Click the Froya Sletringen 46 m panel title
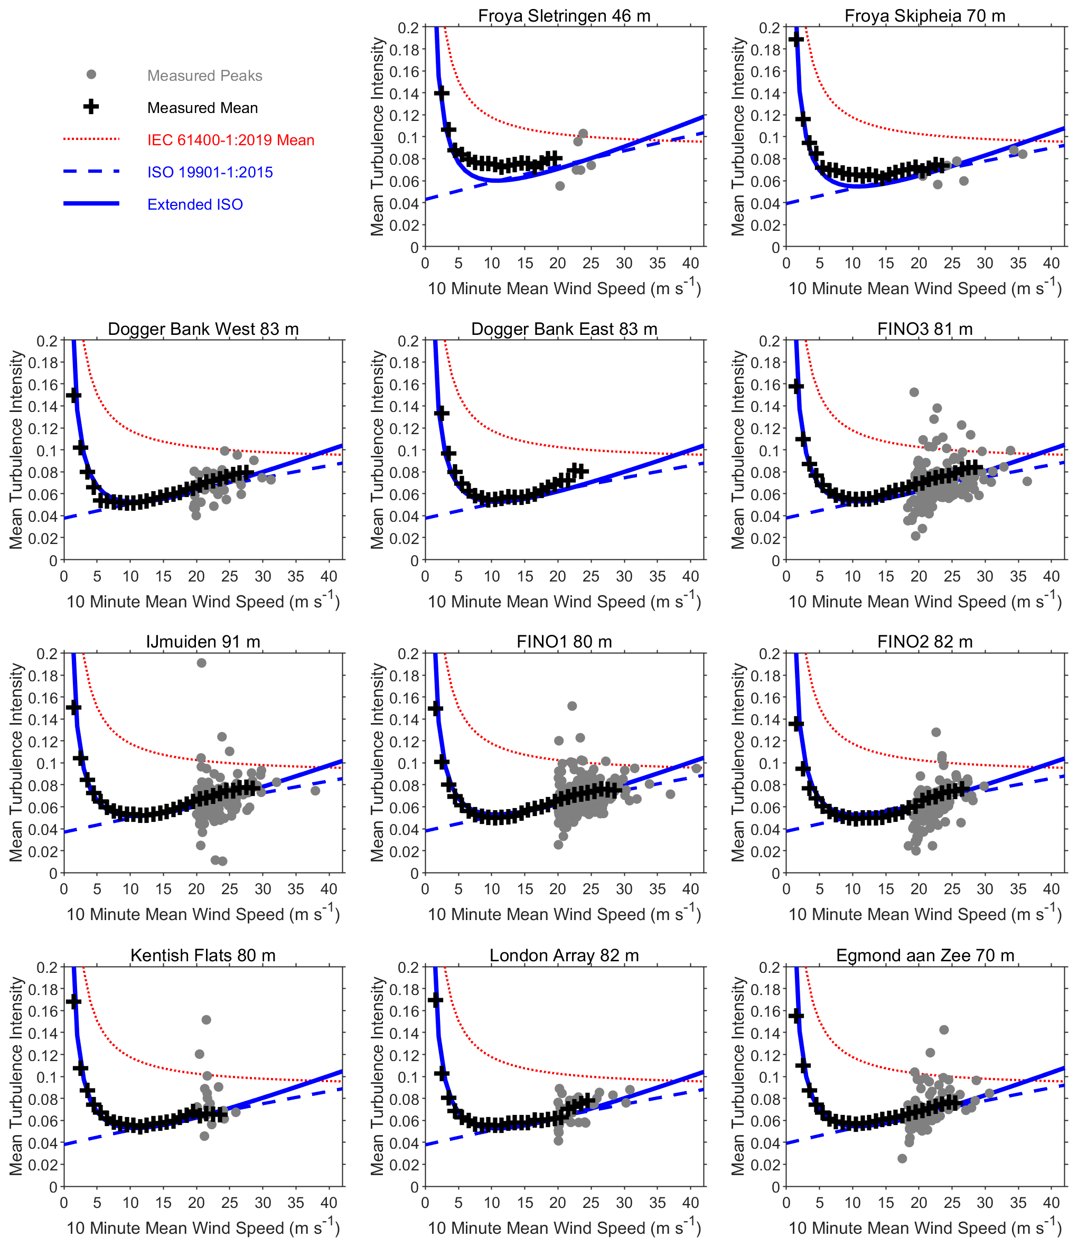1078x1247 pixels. coord(564,16)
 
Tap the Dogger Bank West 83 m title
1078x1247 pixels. coord(203,329)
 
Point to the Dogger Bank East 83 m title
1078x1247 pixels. coord(564,329)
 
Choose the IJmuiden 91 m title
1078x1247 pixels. coord(203,642)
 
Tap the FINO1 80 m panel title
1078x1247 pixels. coord(564,642)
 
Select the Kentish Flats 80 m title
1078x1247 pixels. coord(203,955)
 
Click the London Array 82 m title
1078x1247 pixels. coord(564,955)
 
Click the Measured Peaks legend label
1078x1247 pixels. coord(204,76)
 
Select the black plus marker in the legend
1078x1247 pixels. coord(91,107)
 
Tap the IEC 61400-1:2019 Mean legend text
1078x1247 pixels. coord(230,140)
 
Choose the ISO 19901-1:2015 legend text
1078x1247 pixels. coord(210,173)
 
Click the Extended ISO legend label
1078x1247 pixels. coord(195,204)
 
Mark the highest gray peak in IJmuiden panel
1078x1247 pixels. coord(202,663)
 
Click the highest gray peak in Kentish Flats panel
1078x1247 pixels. coord(207,1019)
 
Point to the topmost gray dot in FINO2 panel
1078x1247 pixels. coord(936,732)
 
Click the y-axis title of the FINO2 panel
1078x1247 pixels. coord(737,763)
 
